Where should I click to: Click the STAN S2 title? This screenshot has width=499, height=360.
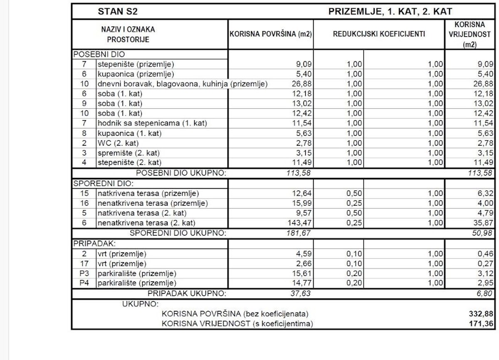tap(112, 12)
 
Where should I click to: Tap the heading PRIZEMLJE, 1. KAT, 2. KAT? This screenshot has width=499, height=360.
tap(390, 12)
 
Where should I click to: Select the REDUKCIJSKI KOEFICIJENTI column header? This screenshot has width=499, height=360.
tap(379, 35)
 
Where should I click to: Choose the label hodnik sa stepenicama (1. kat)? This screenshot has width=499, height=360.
tap(152, 123)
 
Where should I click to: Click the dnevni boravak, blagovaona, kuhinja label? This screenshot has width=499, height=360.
tap(182, 84)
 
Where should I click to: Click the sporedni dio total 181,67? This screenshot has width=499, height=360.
tap(298, 233)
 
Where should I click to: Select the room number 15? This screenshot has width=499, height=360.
tap(84, 194)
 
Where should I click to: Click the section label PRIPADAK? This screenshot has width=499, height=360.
tap(88, 243)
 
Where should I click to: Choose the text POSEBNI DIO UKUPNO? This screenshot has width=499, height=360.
tap(181, 173)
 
